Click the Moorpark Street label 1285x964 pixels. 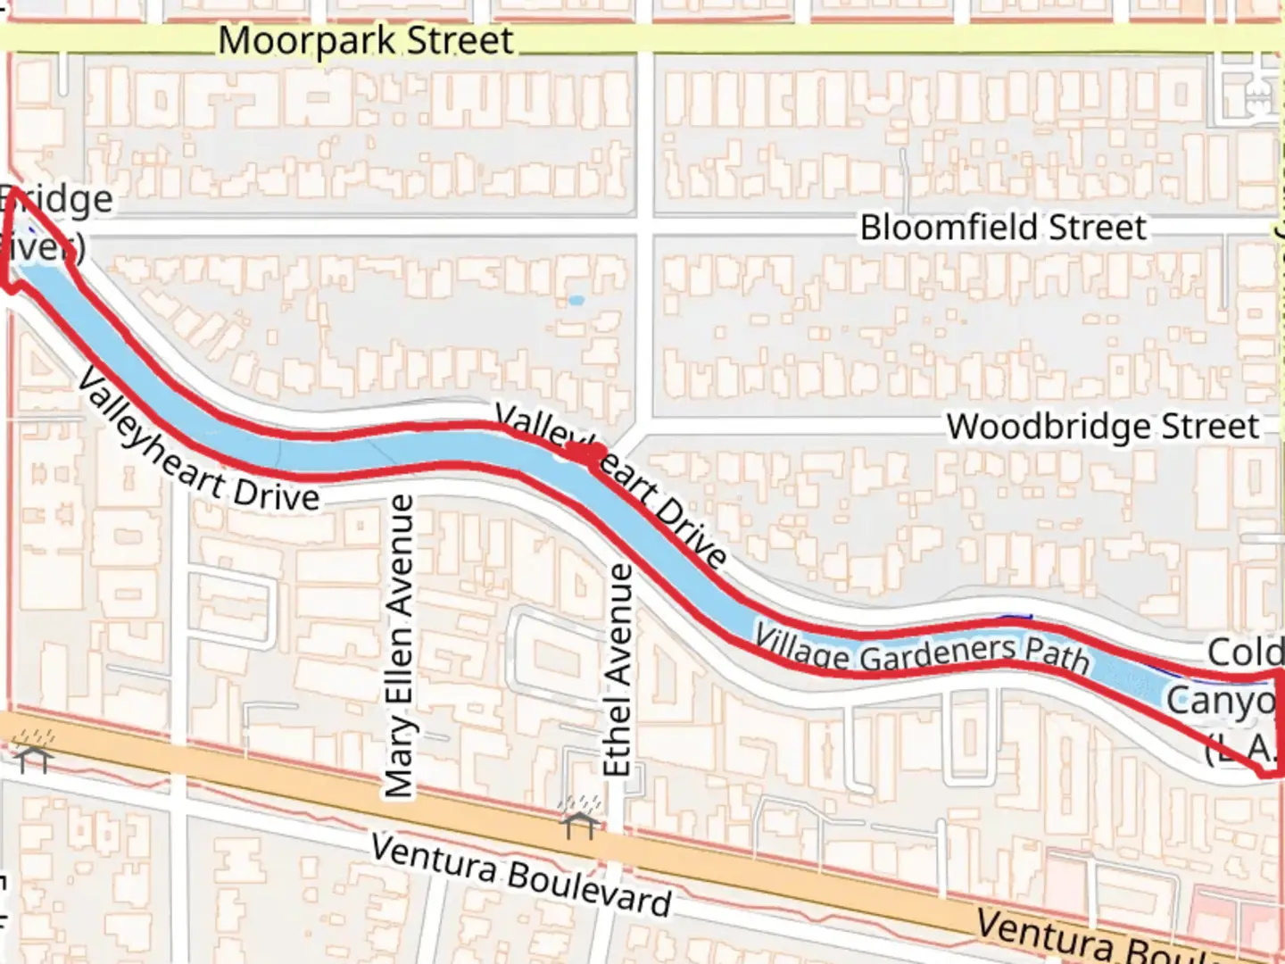click(366, 41)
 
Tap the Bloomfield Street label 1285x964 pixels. click(1002, 228)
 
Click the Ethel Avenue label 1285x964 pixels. click(618, 669)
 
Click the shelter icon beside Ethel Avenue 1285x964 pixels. click(579, 816)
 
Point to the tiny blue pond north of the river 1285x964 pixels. click(576, 301)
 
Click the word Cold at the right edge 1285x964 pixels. click(1244, 652)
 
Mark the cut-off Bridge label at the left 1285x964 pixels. click(58, 199)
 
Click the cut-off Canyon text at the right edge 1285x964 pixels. click(1223, 701)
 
